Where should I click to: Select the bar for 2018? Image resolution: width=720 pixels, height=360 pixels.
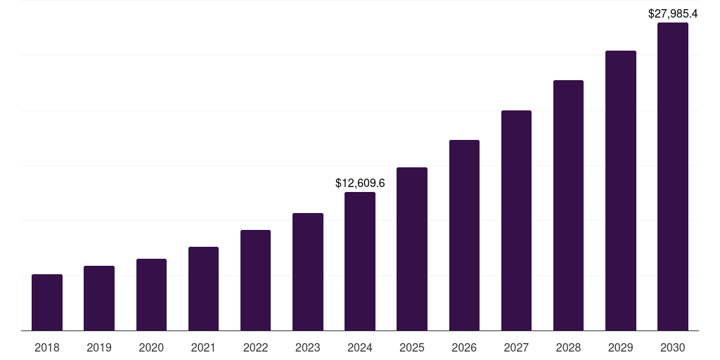coord(47,302)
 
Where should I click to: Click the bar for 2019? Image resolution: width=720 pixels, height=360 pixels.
coord(99,298)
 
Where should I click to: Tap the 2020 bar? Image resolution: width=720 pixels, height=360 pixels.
coord(151,295)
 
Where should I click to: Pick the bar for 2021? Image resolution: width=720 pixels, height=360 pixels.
coord(203,288)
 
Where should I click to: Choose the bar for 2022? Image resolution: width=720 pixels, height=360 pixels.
coord(255,280)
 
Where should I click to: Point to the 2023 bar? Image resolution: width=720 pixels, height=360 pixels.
coord(308,271)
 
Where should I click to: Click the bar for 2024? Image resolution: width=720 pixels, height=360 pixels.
coord(360,261)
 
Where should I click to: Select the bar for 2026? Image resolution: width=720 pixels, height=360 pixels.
coord(464,235)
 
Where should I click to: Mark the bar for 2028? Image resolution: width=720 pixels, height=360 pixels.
coord(568,205)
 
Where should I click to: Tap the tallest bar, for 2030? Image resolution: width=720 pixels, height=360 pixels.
coord(673,176)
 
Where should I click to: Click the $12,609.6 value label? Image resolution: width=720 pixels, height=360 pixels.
coord(360,184)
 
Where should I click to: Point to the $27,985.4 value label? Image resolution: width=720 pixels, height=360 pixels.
coord(673,13)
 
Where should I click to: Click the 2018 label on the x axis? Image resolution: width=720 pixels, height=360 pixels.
coord(47,347)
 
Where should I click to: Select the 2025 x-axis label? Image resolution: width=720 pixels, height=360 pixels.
coord(412,347)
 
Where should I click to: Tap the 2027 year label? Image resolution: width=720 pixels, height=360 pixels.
coord(516,347)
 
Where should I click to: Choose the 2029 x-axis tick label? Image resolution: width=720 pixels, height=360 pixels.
coord(620,347)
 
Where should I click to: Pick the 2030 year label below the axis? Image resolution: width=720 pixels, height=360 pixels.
coord(673,347)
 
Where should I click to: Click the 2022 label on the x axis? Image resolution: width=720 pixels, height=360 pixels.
coord(255,347)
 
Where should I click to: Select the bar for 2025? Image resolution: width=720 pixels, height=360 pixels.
coord(412,249)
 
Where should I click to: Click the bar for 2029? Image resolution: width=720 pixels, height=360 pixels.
coord(620,191)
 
